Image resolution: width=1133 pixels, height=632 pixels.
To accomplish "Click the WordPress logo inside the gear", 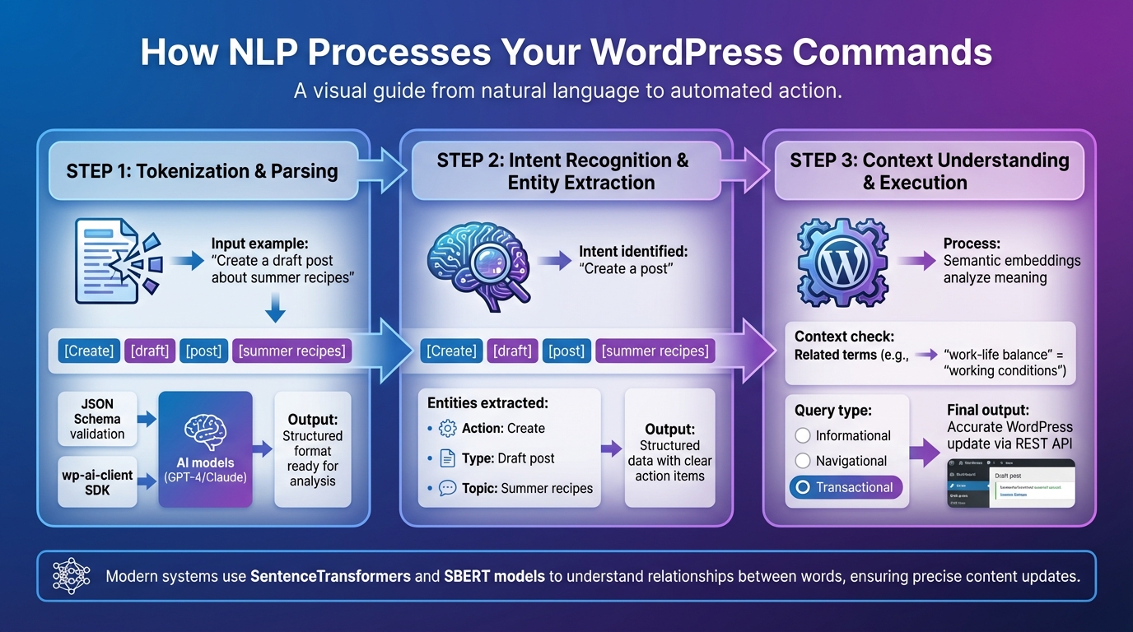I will [x=842, y=261].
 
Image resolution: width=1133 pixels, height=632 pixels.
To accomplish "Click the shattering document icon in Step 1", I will [x=116, y=259].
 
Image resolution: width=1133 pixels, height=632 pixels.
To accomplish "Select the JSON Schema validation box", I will [x=97, y=419].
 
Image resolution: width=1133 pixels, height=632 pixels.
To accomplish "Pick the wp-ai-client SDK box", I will [x=97, y=481].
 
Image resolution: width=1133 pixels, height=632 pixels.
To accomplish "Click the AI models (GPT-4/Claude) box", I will [x=205, y=448].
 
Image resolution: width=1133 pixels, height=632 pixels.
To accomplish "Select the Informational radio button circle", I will [x=803, y=435].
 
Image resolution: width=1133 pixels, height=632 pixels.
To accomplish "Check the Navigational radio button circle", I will [x=803, y=461].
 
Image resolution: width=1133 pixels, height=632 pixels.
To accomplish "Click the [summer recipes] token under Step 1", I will [x=291, y=351].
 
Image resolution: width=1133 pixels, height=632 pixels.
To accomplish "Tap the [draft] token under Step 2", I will [x=512, y=351].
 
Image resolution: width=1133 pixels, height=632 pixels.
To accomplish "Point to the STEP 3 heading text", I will [x=929, y=171].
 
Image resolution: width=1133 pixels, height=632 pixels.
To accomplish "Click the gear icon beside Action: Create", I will [x=448, y=428].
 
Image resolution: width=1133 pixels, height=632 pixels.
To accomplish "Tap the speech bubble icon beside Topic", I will [x=448, y=488].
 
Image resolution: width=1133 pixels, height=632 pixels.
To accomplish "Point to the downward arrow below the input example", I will [x=275, y=309].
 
